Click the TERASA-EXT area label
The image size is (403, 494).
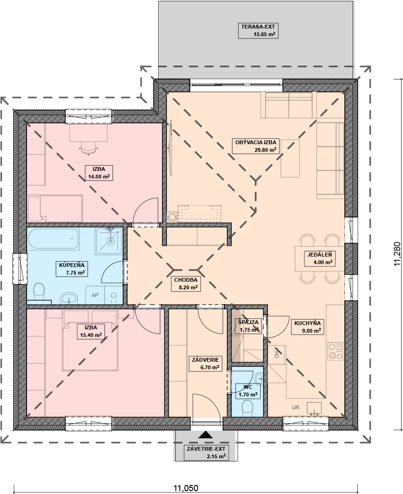(258, 30)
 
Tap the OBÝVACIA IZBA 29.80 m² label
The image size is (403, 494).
(256, 146)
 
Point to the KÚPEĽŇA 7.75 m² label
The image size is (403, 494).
(72, 269)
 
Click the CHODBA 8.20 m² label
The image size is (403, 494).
(186, 284)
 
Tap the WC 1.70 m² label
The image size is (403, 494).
(248, 391)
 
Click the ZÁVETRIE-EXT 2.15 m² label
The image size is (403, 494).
(206, 453)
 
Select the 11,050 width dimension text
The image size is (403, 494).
(186, 488)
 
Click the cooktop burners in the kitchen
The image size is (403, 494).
(335, 351)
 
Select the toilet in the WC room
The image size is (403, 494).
(247, 408)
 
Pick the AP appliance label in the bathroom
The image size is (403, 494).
(95, 295)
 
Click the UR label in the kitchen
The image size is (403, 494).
(295, 407)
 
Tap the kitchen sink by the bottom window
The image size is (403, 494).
(314, 408)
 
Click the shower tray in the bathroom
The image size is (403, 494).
(109, 241)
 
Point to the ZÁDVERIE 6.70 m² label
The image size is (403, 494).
(205, 364)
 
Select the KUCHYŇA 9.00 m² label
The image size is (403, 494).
(307, 326)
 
